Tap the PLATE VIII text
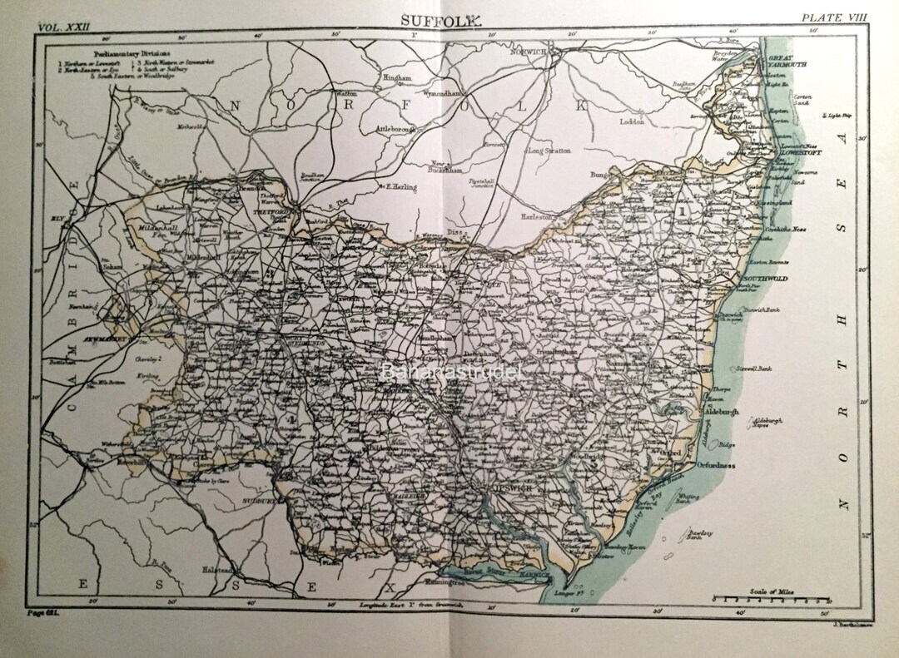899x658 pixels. (832, 17)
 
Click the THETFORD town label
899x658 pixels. (284, 211)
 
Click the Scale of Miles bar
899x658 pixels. (773, 597)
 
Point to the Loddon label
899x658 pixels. (633, 121)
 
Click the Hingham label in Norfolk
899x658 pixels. (397, 77)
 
